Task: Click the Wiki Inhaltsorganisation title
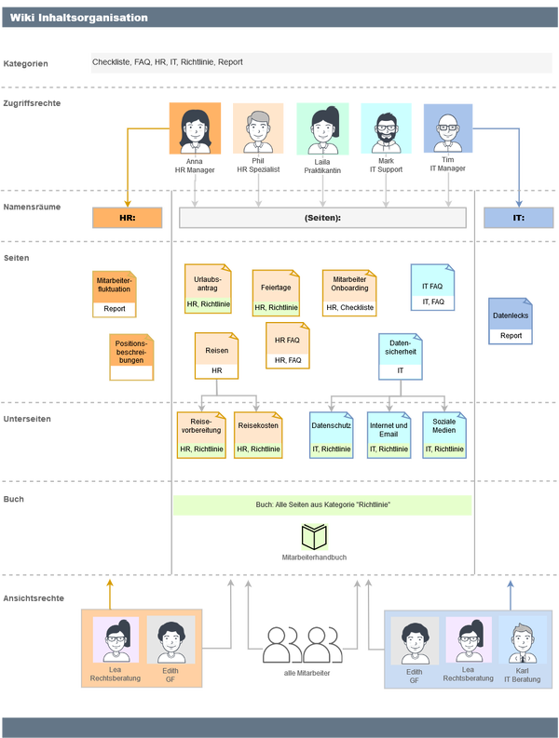click(x=79, y=17)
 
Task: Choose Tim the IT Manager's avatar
click(x=448, y=128)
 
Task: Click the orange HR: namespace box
click(x=127, y=218)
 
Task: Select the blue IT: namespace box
click(x=518, y=218)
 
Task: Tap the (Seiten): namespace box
click(x=322, y=218)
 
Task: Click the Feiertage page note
click(x=276, y=293)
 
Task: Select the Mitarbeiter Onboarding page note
click(x=349, y=293)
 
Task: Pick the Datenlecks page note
click(x=511, y=321)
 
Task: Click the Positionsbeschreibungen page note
click(x=130, y=357)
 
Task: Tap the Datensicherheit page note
click(x=401, y=355)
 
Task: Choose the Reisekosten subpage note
click(x=258, y=435)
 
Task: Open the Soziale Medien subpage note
click(x=443, y=435)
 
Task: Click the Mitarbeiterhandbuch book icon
click(x=315, y=537)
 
